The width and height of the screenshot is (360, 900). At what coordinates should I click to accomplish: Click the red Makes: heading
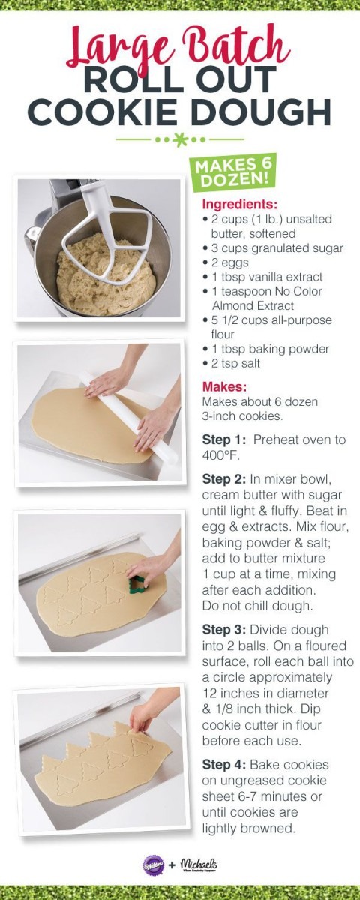[224, 387]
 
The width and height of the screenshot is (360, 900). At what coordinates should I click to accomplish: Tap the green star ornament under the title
[180, 139]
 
